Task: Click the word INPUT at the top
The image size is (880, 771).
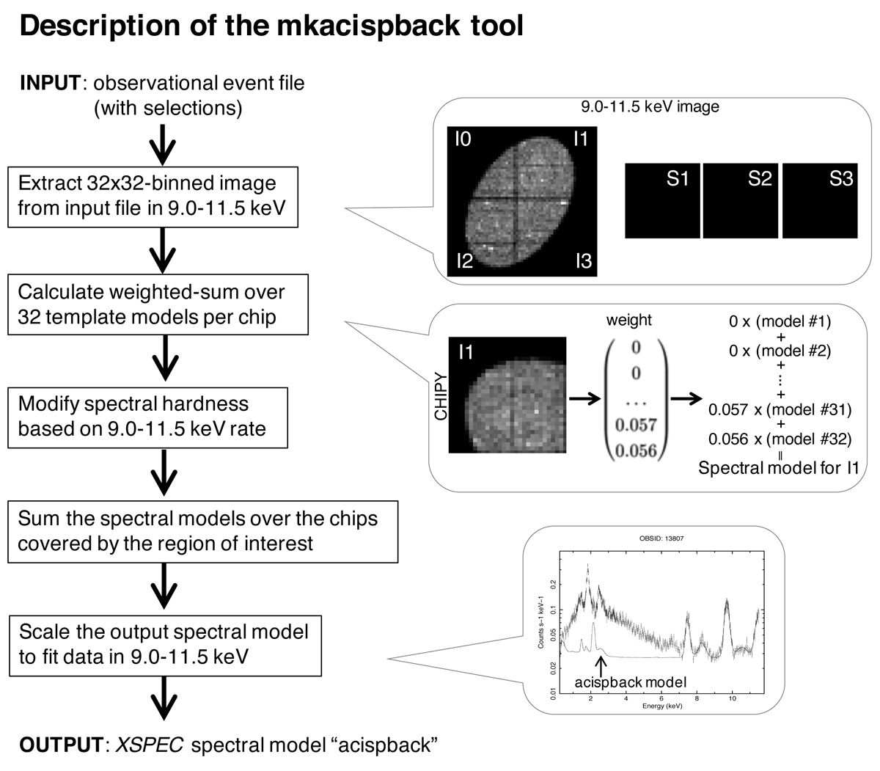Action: click(x=50, y=82)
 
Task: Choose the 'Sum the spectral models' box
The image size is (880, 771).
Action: click(x=202, y=530)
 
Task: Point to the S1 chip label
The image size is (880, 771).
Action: click(x=678, y=178)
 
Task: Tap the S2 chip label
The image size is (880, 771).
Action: click(x=760, y=178)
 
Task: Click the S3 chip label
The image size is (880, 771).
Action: click(x=841, y=178)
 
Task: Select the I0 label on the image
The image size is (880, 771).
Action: click(x=463, y=138)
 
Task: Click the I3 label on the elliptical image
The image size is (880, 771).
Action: click(x=583, y=261)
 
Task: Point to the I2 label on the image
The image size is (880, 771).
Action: click(x=465, y=261)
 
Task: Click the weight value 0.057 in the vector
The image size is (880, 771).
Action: click(x=636, y=425)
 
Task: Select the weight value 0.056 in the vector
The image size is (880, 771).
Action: click(x=636, y=450)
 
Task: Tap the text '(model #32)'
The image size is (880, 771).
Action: click(x=810, y=439)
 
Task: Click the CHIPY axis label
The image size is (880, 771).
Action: click(x=441, y=395)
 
